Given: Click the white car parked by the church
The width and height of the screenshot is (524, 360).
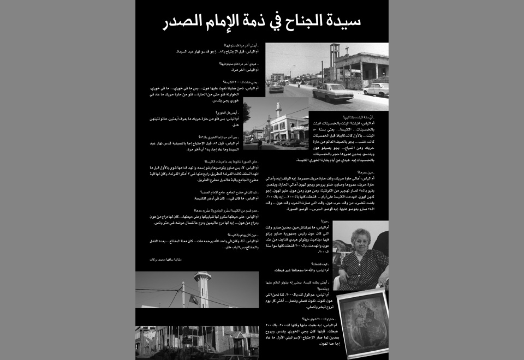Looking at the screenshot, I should click(376, 89).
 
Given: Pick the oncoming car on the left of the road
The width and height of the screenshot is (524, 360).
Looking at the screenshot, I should click(277, 87).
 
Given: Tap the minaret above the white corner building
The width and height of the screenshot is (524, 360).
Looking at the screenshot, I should click(278, 109).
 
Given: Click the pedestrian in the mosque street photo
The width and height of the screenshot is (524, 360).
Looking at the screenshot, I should click(260, 144).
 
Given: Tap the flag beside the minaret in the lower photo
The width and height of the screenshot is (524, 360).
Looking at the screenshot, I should click(194, 299).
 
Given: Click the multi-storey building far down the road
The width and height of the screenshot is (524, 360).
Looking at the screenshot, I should click(278, 76).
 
